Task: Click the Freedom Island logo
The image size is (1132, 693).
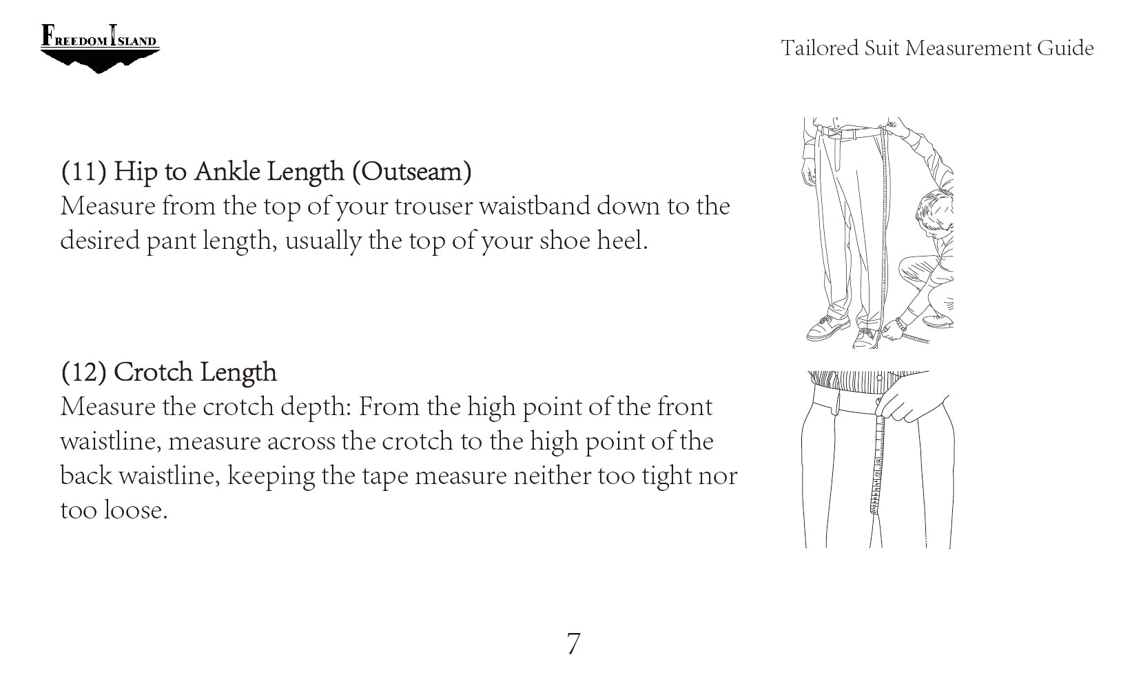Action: [100, 48]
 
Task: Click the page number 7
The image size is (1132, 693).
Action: [574, 644]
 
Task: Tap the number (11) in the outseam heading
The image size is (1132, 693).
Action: [84, 171]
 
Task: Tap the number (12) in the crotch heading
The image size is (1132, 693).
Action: [84, 372]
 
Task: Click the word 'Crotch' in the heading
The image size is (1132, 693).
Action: [154, 372]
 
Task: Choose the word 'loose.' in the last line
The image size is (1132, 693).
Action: [136, 510]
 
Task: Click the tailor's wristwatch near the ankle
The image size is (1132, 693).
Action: [900, 323]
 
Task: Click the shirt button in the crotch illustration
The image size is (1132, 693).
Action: [879, 378]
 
